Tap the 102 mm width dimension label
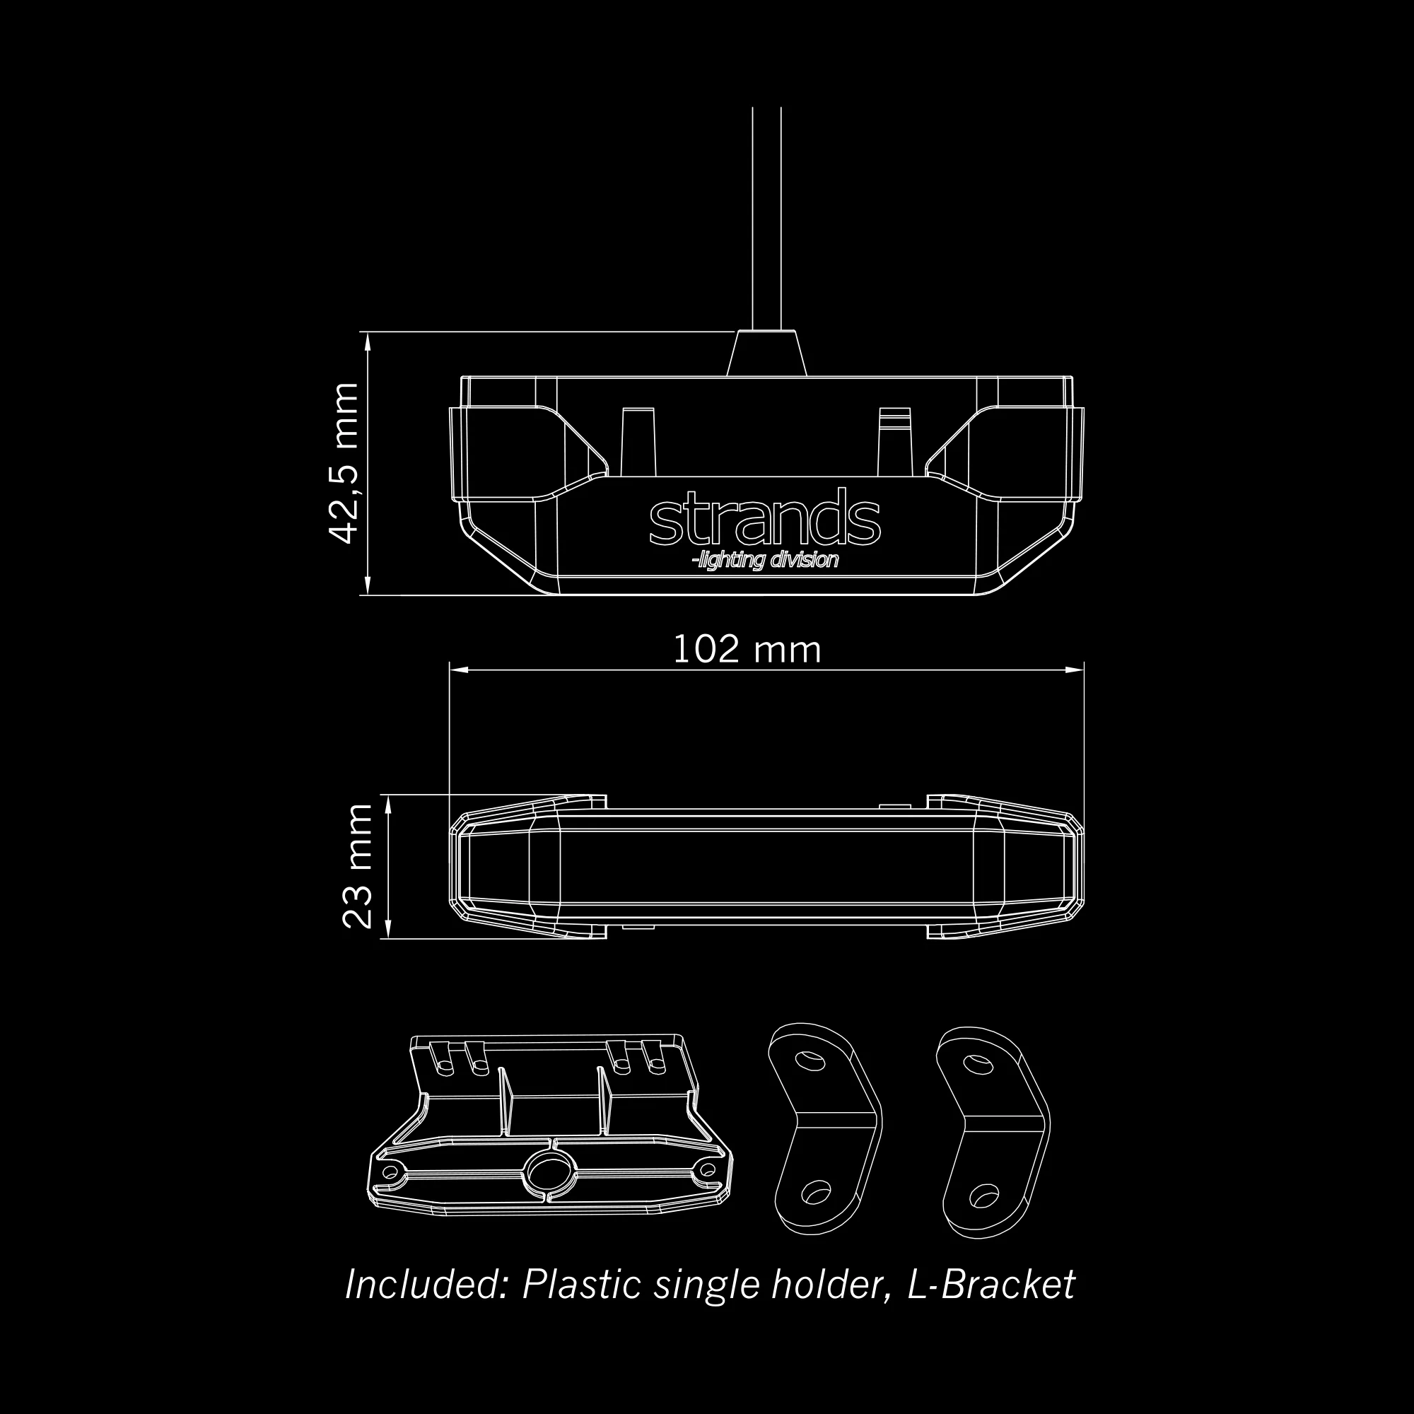coord(747,650)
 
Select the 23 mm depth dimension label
coord(357,866)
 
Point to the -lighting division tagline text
coord(765,561)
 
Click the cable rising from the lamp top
coord(766,220)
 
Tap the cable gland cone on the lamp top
coord(766,355)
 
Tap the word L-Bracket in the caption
coord(991,1285)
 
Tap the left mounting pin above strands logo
coord(638,443)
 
